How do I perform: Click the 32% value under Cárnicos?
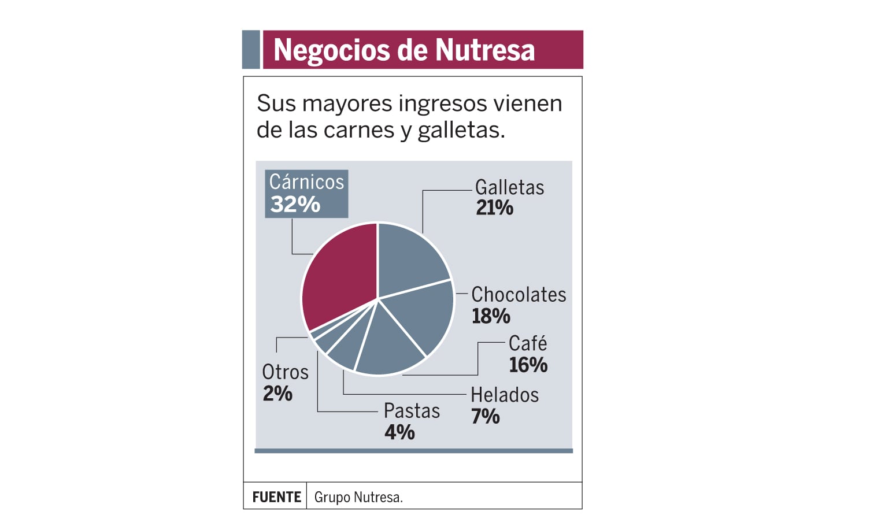point(295,205)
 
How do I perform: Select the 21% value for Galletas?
point(494,208)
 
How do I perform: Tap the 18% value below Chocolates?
point(491,316)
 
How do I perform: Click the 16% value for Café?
point(528,365)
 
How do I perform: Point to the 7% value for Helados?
point(485,416)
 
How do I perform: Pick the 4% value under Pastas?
point(399,432)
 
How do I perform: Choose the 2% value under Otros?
point(277,394)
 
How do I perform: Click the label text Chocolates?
point(519,295)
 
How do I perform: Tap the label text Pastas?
point(412,411)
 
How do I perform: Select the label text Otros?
point(285,372)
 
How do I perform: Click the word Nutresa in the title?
point(485,50)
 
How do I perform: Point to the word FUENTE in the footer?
point(276,497)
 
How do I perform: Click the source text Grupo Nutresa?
point(358,497)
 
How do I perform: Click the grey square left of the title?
point(251,50)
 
